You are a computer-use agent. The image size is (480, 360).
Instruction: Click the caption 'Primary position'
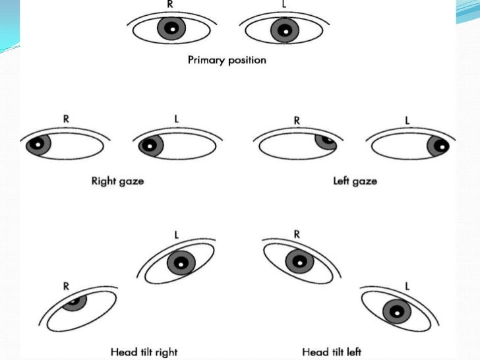click(x=227, y=60)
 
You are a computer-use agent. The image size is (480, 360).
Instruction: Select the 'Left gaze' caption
click(x=355, y=181)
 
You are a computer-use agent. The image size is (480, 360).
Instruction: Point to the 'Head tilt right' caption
click(x=144, y=351)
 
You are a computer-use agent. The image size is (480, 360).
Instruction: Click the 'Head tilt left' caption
click(x=331, y=351)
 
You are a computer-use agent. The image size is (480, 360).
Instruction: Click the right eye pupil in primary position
click(x=171, y=29)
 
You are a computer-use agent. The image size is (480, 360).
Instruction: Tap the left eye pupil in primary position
click(x=284, y=30)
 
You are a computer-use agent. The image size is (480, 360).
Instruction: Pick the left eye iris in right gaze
click(x=152, y=145)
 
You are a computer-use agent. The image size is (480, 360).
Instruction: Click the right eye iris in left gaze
click(x=325, y=141)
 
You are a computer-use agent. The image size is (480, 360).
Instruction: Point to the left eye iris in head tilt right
click(x=181, y=263)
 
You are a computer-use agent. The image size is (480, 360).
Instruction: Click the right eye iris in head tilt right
click(x=75, y=301)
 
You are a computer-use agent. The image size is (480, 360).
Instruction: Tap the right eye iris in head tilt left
click(x=299, y=262)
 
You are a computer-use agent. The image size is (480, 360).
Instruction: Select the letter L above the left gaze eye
click(x=407, y=120)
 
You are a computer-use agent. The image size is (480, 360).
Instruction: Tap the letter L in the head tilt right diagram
click(x=176, y=235)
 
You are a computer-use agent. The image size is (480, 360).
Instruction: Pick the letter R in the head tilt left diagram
click(x=297, y=233)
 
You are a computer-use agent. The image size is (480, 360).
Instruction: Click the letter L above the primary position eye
click(x=284, y=3)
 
